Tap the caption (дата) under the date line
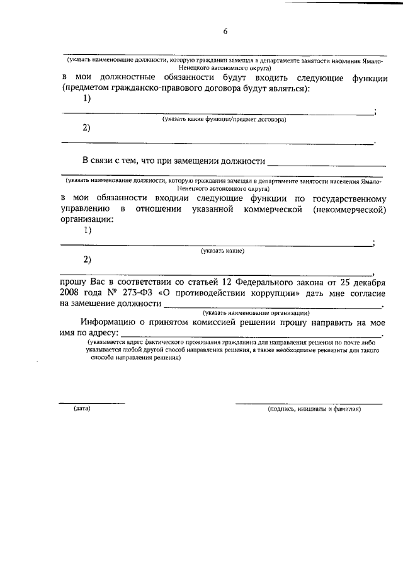(82, 409)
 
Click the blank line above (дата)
(92, 402)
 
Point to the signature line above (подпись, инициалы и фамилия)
(300, 402)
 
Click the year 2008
(72, 294)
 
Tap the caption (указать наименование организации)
(255, 312)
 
